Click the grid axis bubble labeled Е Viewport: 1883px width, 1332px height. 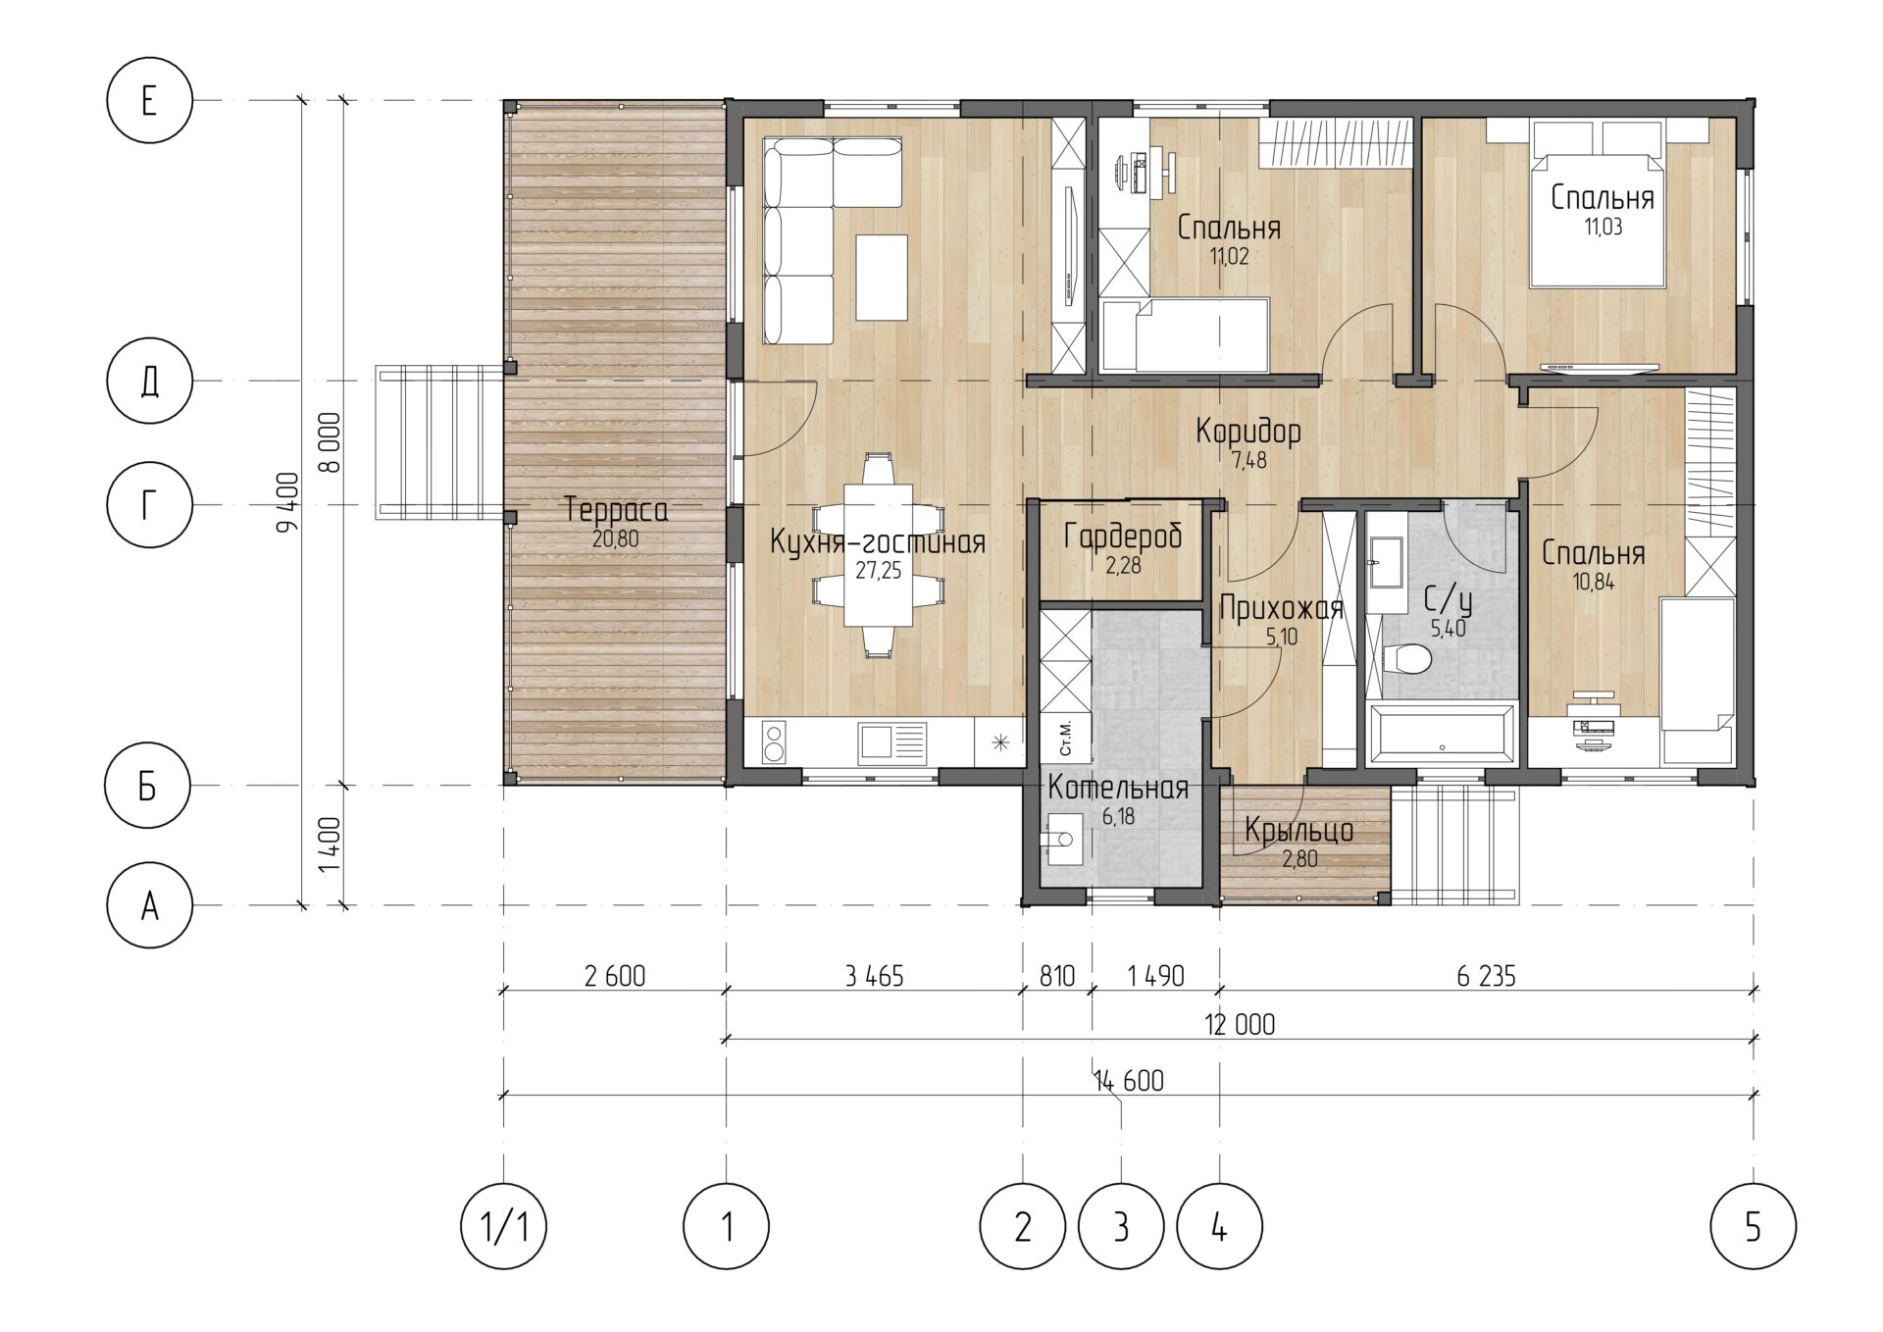pyautogui.click(x=148, y=101)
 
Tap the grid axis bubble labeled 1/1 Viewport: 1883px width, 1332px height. pyautogui.click(x=503, y=1226)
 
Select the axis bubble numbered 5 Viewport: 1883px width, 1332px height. pyautogui.click(x=1753, y=1226)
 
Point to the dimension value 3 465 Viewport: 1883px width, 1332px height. pyautogui.click(x=873, y=976)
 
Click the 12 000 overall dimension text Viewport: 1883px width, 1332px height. pyautogui.click(x=1240, y=1025)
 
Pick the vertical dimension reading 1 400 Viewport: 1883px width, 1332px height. pyautogui.click(x=331, y=845)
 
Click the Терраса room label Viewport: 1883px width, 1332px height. pyautogui.click(x=617, y=511)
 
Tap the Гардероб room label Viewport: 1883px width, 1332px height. pyautogui.click(x=1123, y=537)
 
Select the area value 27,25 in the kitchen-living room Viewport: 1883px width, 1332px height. pyautogui.click(x=878, y=571)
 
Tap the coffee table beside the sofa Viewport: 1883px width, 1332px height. pyautogui.click(x=882, y=277)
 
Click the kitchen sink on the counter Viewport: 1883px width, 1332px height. pyautogui.click(x=891, y=743)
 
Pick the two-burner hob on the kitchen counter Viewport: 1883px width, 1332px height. pyautogui.click(x=774, y=743)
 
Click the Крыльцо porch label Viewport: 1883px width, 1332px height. pyautogui.click(x=1299, y=832)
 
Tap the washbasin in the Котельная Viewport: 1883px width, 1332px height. pyautogui.click(x=1065, y=840)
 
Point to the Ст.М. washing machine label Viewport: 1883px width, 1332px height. pyautogui.click(x=1066, y=737)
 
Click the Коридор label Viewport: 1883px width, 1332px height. pyautogui.click(x=1248, y=432)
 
